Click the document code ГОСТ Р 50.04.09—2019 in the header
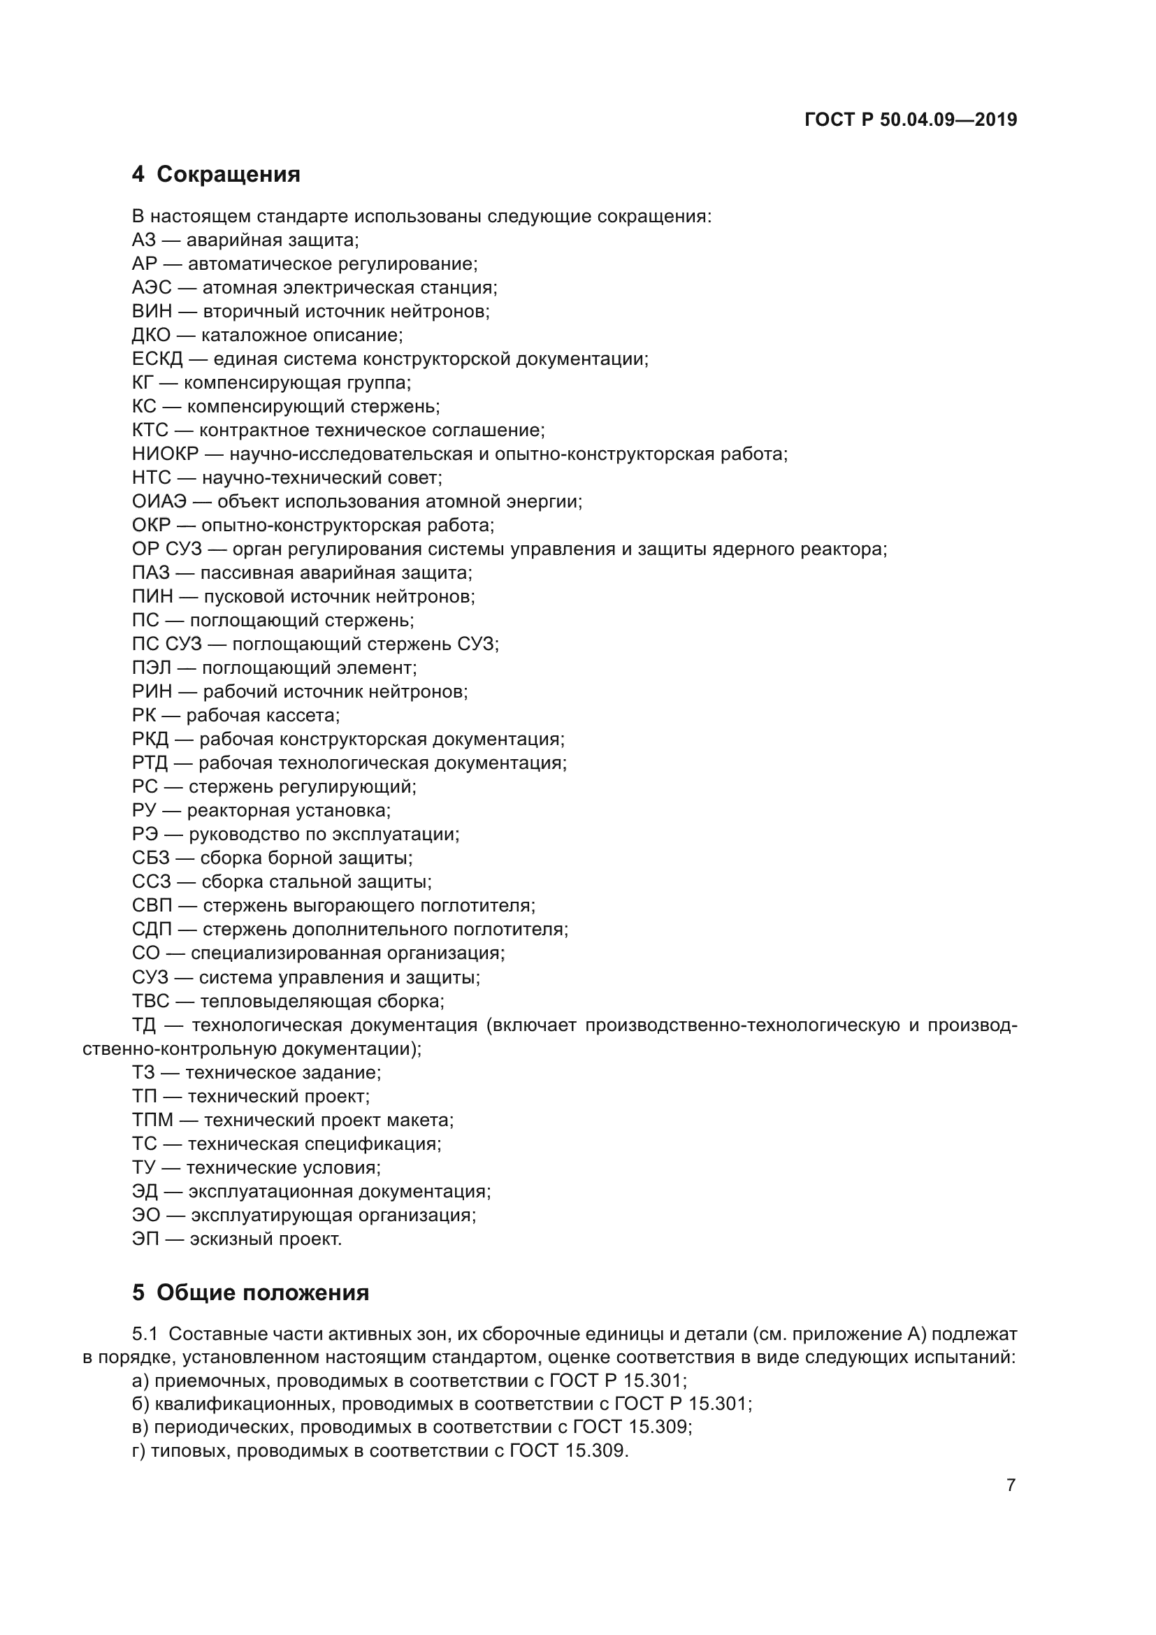911,120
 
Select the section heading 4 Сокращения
216,175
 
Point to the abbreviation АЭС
152,288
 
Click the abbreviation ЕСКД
157,359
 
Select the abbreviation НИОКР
165,454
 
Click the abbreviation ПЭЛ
152,668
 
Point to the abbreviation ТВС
151,1001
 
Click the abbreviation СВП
152,906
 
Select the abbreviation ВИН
152,311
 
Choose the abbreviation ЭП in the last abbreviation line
145,1239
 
